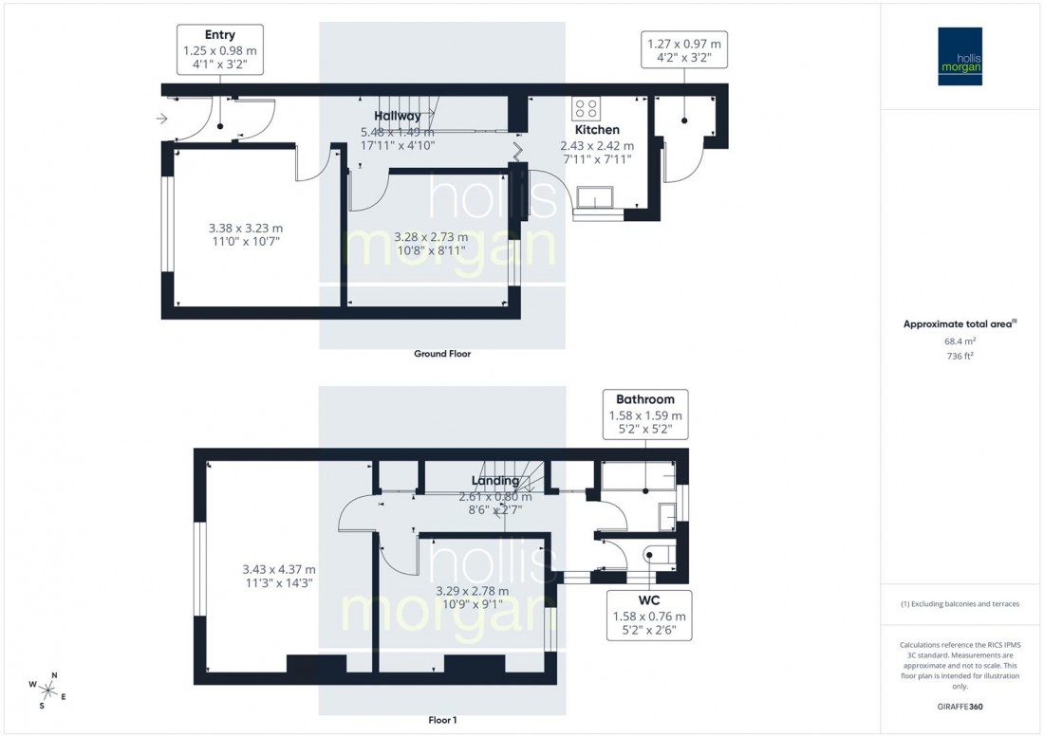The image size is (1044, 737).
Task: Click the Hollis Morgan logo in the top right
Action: [961, 56]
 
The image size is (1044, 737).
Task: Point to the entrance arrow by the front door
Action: [162, 119]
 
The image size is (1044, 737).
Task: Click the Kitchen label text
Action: [597, 130]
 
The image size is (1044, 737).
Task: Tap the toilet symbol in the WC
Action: [659, 554]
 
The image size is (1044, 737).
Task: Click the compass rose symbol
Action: [49, 690]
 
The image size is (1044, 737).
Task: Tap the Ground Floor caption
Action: [441, 354]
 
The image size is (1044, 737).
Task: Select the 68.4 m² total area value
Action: [960, 341]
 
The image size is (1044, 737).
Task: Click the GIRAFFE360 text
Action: [960, 706]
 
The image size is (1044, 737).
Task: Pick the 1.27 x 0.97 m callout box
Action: [683, 50]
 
